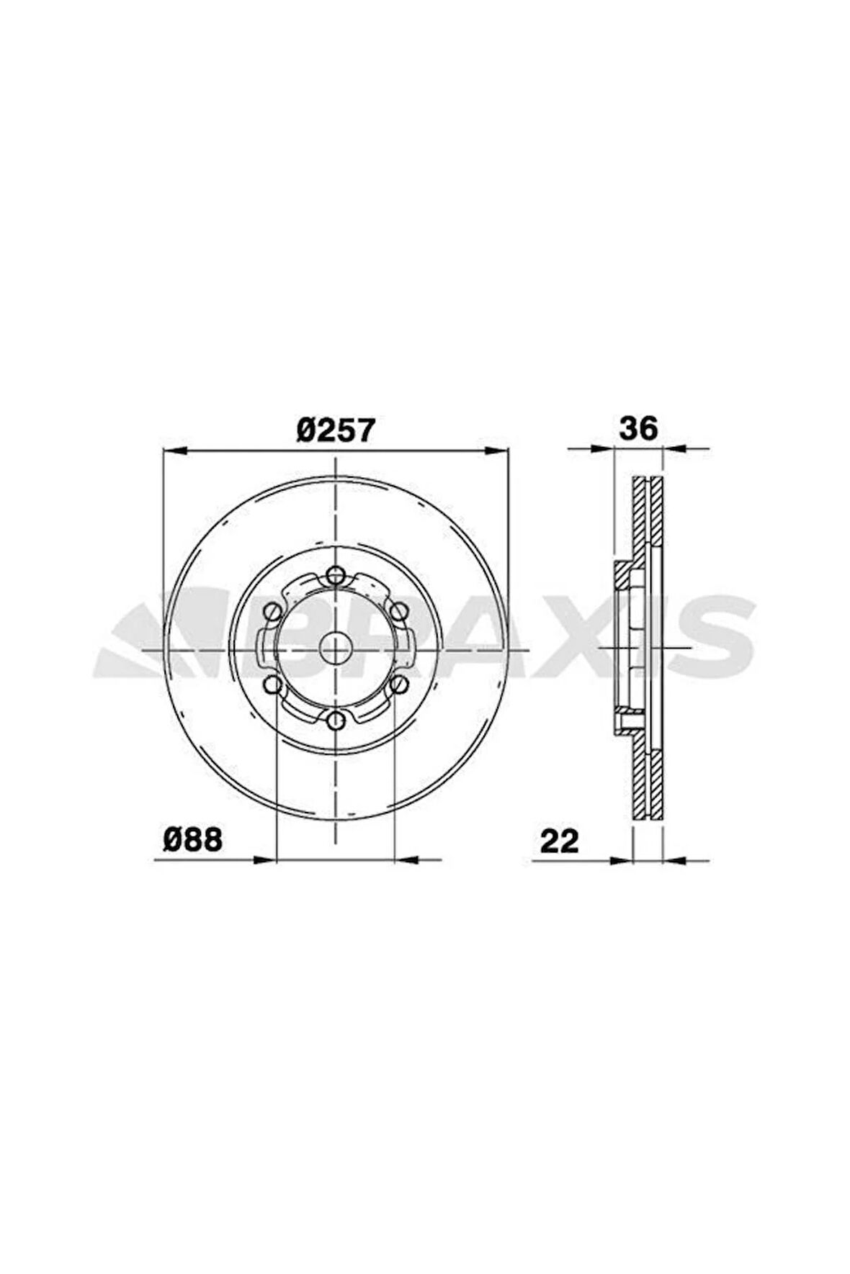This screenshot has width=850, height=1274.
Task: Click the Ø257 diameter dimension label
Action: point(336,430)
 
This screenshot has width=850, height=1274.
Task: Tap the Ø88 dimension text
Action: point(192,840)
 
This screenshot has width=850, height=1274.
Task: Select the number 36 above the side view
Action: point(638,429)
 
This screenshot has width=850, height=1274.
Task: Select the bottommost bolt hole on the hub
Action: point(335,720)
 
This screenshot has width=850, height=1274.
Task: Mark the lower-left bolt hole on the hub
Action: point(272,684)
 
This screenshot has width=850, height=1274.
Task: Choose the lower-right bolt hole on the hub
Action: point(398,684)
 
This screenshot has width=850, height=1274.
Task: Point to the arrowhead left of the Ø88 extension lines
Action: point(265,859)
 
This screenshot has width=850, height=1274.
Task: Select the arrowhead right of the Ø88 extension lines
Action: point(407,859)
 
